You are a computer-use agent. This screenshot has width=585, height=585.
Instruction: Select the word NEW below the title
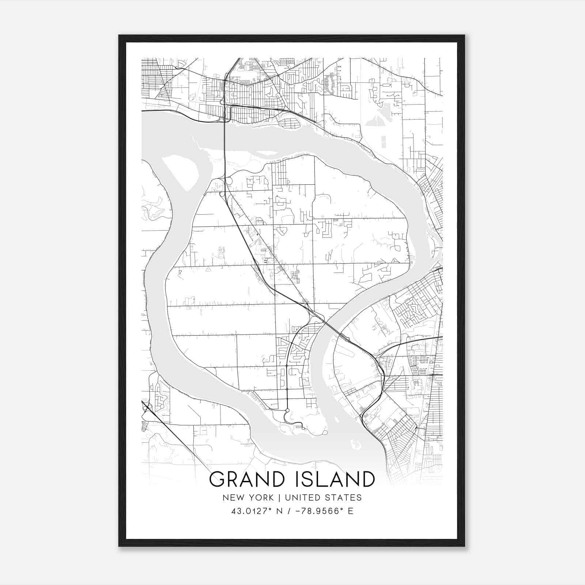pyautogui.click(x=232, y=498)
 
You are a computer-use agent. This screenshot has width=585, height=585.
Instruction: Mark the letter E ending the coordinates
pyautogui.click(x=351, y=511)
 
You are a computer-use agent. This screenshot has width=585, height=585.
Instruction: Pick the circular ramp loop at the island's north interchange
pyautogui.click(x=229, y=181)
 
